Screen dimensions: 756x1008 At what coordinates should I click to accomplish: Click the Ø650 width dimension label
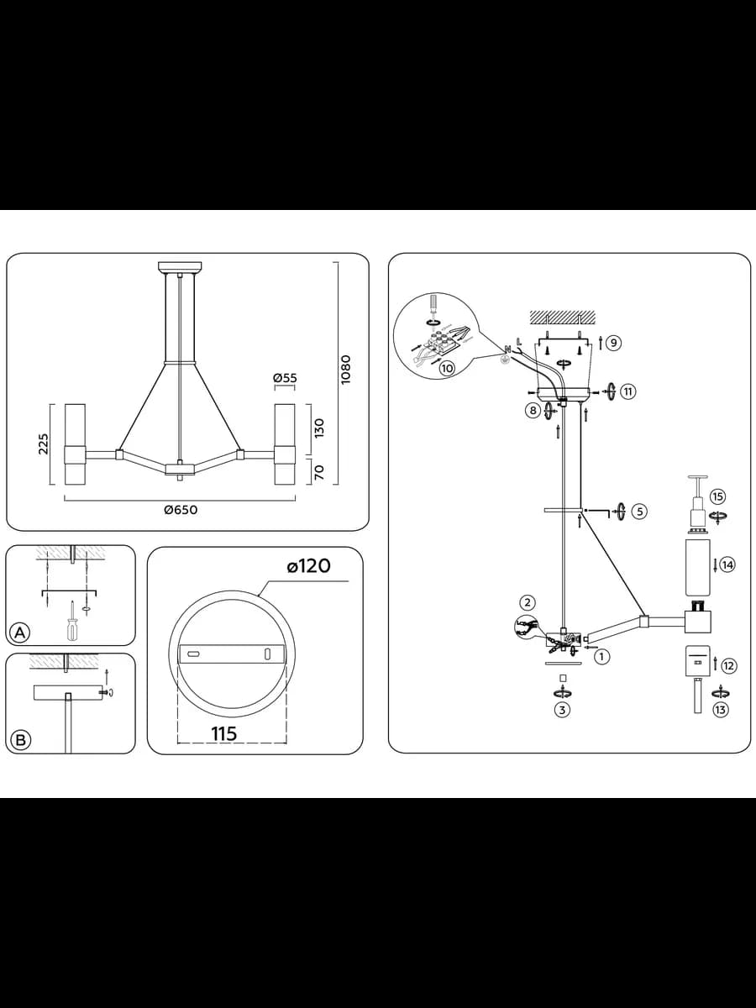[x=181, y=510]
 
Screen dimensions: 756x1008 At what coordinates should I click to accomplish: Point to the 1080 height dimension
[x=346, y=370]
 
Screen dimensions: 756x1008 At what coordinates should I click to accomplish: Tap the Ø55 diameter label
[x=285, y=378]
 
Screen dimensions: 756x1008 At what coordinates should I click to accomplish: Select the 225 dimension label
[x=43, y=444]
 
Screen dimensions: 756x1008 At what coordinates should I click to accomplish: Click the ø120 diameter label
[x=308, y=566]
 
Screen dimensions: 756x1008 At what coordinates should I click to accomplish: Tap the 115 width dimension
[x=224, y=733]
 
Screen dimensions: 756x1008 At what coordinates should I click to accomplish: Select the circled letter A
[x=19, y=633]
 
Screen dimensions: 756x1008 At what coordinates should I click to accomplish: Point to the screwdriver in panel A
[x=72, y=622]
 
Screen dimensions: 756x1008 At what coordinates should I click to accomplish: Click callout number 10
[x=447, y=368]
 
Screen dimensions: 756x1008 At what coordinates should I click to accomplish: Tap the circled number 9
[x=614, y=343]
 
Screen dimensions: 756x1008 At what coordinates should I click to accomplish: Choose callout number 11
[x=628, y=391]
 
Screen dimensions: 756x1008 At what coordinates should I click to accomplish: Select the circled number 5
[x=639, y=511]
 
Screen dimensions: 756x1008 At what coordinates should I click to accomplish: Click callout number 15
[x=718, y=496]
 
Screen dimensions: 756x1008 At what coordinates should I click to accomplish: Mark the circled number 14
[x=727, y=564]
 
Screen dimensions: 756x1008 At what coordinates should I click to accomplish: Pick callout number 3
[x=562, y=710]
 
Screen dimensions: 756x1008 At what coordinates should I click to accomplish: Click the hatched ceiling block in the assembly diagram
[x=562, y=317]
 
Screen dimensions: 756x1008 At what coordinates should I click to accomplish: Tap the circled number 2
[x=528, y=602]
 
